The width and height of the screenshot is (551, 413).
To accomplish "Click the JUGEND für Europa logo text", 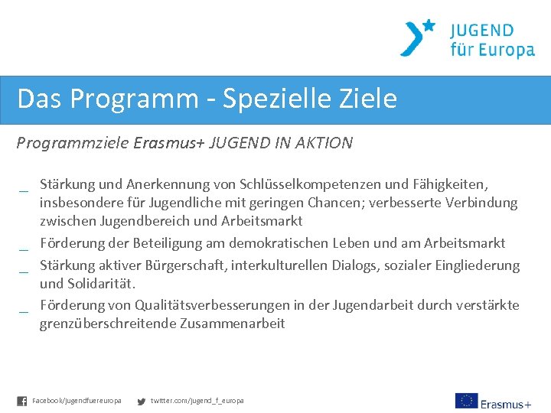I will [492, 41].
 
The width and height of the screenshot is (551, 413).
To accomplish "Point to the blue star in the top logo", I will [429, 25].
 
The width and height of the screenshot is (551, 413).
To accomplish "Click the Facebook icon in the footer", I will [22, 401].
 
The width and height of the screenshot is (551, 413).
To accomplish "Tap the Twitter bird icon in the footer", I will [141, 401].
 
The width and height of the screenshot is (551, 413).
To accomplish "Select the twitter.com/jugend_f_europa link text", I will [197, 401].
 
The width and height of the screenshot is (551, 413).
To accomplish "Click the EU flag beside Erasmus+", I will [466, 401].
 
